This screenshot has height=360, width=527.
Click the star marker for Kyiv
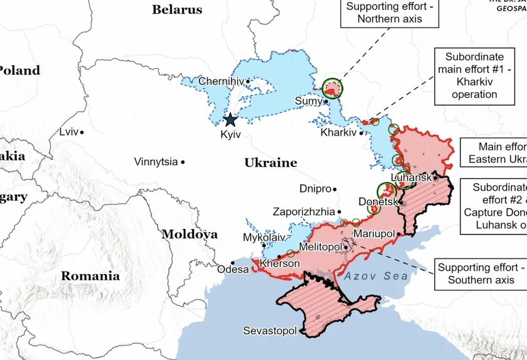230,120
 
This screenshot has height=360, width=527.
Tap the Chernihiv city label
220,81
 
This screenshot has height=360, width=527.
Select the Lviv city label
68,132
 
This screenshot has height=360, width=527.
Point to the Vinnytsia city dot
183,162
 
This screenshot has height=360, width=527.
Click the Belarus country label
178,9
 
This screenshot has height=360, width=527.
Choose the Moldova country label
190,235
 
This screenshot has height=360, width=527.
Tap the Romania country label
90,276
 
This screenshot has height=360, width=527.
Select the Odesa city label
233,270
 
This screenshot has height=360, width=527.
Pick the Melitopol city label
320,247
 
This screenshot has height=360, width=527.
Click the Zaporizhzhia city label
304,212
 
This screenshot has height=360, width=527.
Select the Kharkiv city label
338,133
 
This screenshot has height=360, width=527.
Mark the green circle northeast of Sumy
333,90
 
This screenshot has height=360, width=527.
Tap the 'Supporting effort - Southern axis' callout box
481,273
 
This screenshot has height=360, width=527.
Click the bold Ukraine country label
270,163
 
